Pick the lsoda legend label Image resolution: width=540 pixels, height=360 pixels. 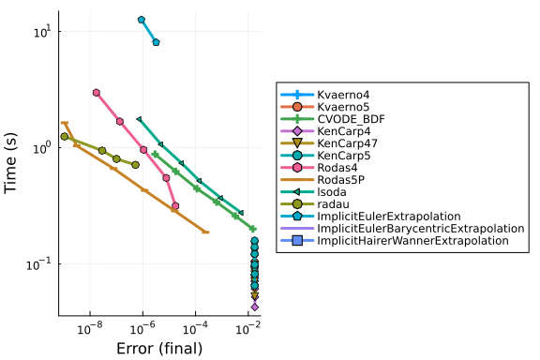(332, 192)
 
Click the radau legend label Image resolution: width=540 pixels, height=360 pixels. (334, 204)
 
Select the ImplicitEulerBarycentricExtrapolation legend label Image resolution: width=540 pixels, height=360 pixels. (421, 229)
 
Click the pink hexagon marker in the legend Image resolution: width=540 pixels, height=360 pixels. (297, 168)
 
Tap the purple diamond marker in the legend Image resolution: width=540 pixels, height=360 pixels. (297, 131)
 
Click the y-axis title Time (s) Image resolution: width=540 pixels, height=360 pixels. (10, 163)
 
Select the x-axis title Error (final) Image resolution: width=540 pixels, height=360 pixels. (159, 349)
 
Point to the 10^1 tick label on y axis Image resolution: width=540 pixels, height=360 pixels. (42, 32)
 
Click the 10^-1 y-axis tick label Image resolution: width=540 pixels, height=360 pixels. (38, 264)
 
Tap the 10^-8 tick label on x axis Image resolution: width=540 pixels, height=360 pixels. (90, 329)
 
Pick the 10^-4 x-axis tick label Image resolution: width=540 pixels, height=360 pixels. (195, 329)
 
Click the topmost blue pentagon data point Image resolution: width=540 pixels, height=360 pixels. (142, 20)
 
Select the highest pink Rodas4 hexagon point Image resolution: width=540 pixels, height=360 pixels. (97, 93)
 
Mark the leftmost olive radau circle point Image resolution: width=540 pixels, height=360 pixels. (65, 137)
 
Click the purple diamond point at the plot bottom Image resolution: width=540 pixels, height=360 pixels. (255, 307)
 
